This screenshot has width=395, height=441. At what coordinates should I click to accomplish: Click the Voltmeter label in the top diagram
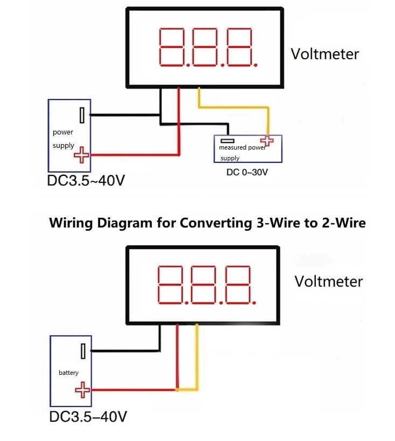(x=325, y=54)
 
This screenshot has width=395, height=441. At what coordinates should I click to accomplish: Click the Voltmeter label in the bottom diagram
(x=328, y=281)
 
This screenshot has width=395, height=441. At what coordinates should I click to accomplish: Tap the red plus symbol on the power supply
(x=81, y=154)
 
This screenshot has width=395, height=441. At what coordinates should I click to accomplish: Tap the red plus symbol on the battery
(x=82, y=389)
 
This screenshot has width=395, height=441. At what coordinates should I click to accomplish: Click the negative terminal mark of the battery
(x=83, y=352)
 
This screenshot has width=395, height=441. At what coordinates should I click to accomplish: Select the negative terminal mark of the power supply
(x=82, y=114)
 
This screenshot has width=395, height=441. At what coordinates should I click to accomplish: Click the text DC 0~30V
(x=247, y=173)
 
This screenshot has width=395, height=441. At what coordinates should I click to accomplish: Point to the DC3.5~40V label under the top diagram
(x=86, y=180)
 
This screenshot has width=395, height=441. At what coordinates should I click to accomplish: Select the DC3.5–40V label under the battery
(x=88, y=416)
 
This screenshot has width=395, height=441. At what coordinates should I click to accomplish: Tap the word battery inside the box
(x=68, y=373)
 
